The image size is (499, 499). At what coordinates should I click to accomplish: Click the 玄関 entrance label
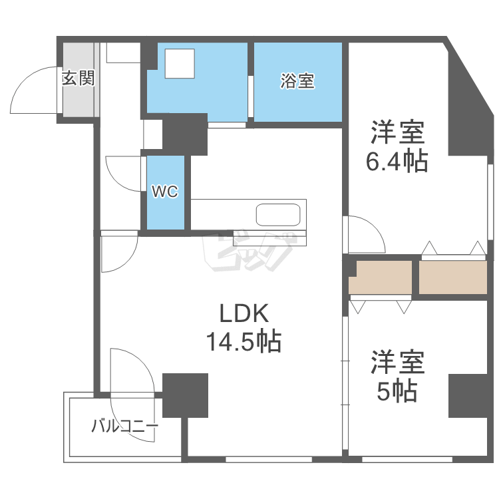(78, 79)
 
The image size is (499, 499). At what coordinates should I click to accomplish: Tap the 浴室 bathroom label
(297, 82)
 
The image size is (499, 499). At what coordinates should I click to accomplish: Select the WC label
(165, 192)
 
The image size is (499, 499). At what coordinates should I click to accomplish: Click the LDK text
(243, 313)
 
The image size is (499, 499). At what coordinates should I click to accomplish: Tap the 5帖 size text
(397, 391)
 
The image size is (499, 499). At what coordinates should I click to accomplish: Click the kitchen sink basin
(278, 216)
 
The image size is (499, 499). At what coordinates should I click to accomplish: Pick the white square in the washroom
(180, 64)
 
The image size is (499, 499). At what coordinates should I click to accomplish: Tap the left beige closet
(381, 277)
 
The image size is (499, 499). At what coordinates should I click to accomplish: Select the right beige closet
(453, 277)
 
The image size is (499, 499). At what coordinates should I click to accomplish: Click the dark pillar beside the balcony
(185, 395)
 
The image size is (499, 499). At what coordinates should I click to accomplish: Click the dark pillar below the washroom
(184, 133)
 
